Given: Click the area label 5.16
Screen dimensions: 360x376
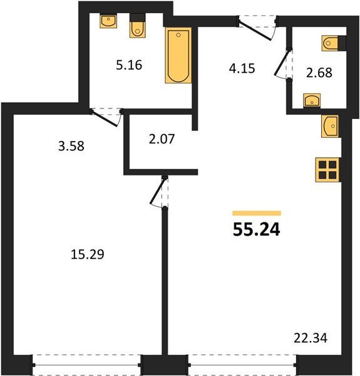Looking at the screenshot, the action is [x=129, y=65].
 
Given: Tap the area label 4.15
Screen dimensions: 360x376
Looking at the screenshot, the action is [x=242, y=68].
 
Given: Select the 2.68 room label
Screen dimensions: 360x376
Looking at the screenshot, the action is [x=319, y=73].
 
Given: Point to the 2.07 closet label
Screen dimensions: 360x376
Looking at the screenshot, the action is [x=162, y=139].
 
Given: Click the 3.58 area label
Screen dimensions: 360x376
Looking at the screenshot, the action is [x=71, y=146].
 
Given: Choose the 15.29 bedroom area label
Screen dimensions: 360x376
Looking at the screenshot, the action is [x=88, y=254].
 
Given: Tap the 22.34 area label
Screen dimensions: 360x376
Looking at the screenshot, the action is [x=311, y=338].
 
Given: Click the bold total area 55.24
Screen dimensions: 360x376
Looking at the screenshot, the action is [x=256, y=230].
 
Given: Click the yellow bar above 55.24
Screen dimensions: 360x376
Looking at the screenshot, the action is [x=257, y=213].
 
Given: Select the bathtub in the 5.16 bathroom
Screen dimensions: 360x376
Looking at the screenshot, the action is [x=178, y=55].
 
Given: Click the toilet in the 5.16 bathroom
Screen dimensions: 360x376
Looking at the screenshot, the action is [x=138, y=26].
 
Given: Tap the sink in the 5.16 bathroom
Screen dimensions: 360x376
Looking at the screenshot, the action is [x=108, y=21].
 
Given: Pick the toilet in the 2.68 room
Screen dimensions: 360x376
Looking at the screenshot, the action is [x=334, y=43].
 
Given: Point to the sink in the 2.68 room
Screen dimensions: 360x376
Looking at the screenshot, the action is [x=312, y=100].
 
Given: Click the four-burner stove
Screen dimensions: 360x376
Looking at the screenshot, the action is [x=327, y=170].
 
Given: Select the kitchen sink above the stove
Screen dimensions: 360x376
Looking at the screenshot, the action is [x=330, y=127].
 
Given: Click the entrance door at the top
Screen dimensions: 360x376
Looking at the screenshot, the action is [x=257, y=28].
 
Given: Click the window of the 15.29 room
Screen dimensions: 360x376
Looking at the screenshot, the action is [x=86, y=365].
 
